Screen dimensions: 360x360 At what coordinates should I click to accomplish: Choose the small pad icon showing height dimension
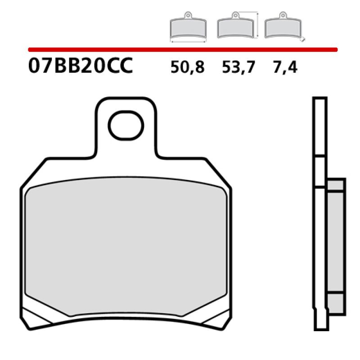click(235, 28)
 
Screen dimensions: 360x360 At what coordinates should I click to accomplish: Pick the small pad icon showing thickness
click(283, 28)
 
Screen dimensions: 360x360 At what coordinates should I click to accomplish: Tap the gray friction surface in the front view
click(126, 247)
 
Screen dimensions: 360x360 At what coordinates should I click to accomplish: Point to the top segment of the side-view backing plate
click(319, 126)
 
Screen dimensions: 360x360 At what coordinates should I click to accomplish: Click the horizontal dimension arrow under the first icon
click(188, 41)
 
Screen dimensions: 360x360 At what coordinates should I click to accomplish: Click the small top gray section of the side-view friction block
click(336, 186)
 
